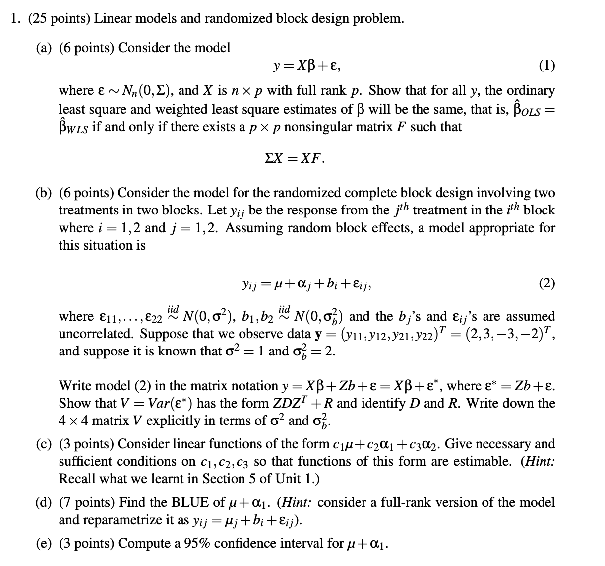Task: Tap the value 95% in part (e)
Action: [x=197, y=543]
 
